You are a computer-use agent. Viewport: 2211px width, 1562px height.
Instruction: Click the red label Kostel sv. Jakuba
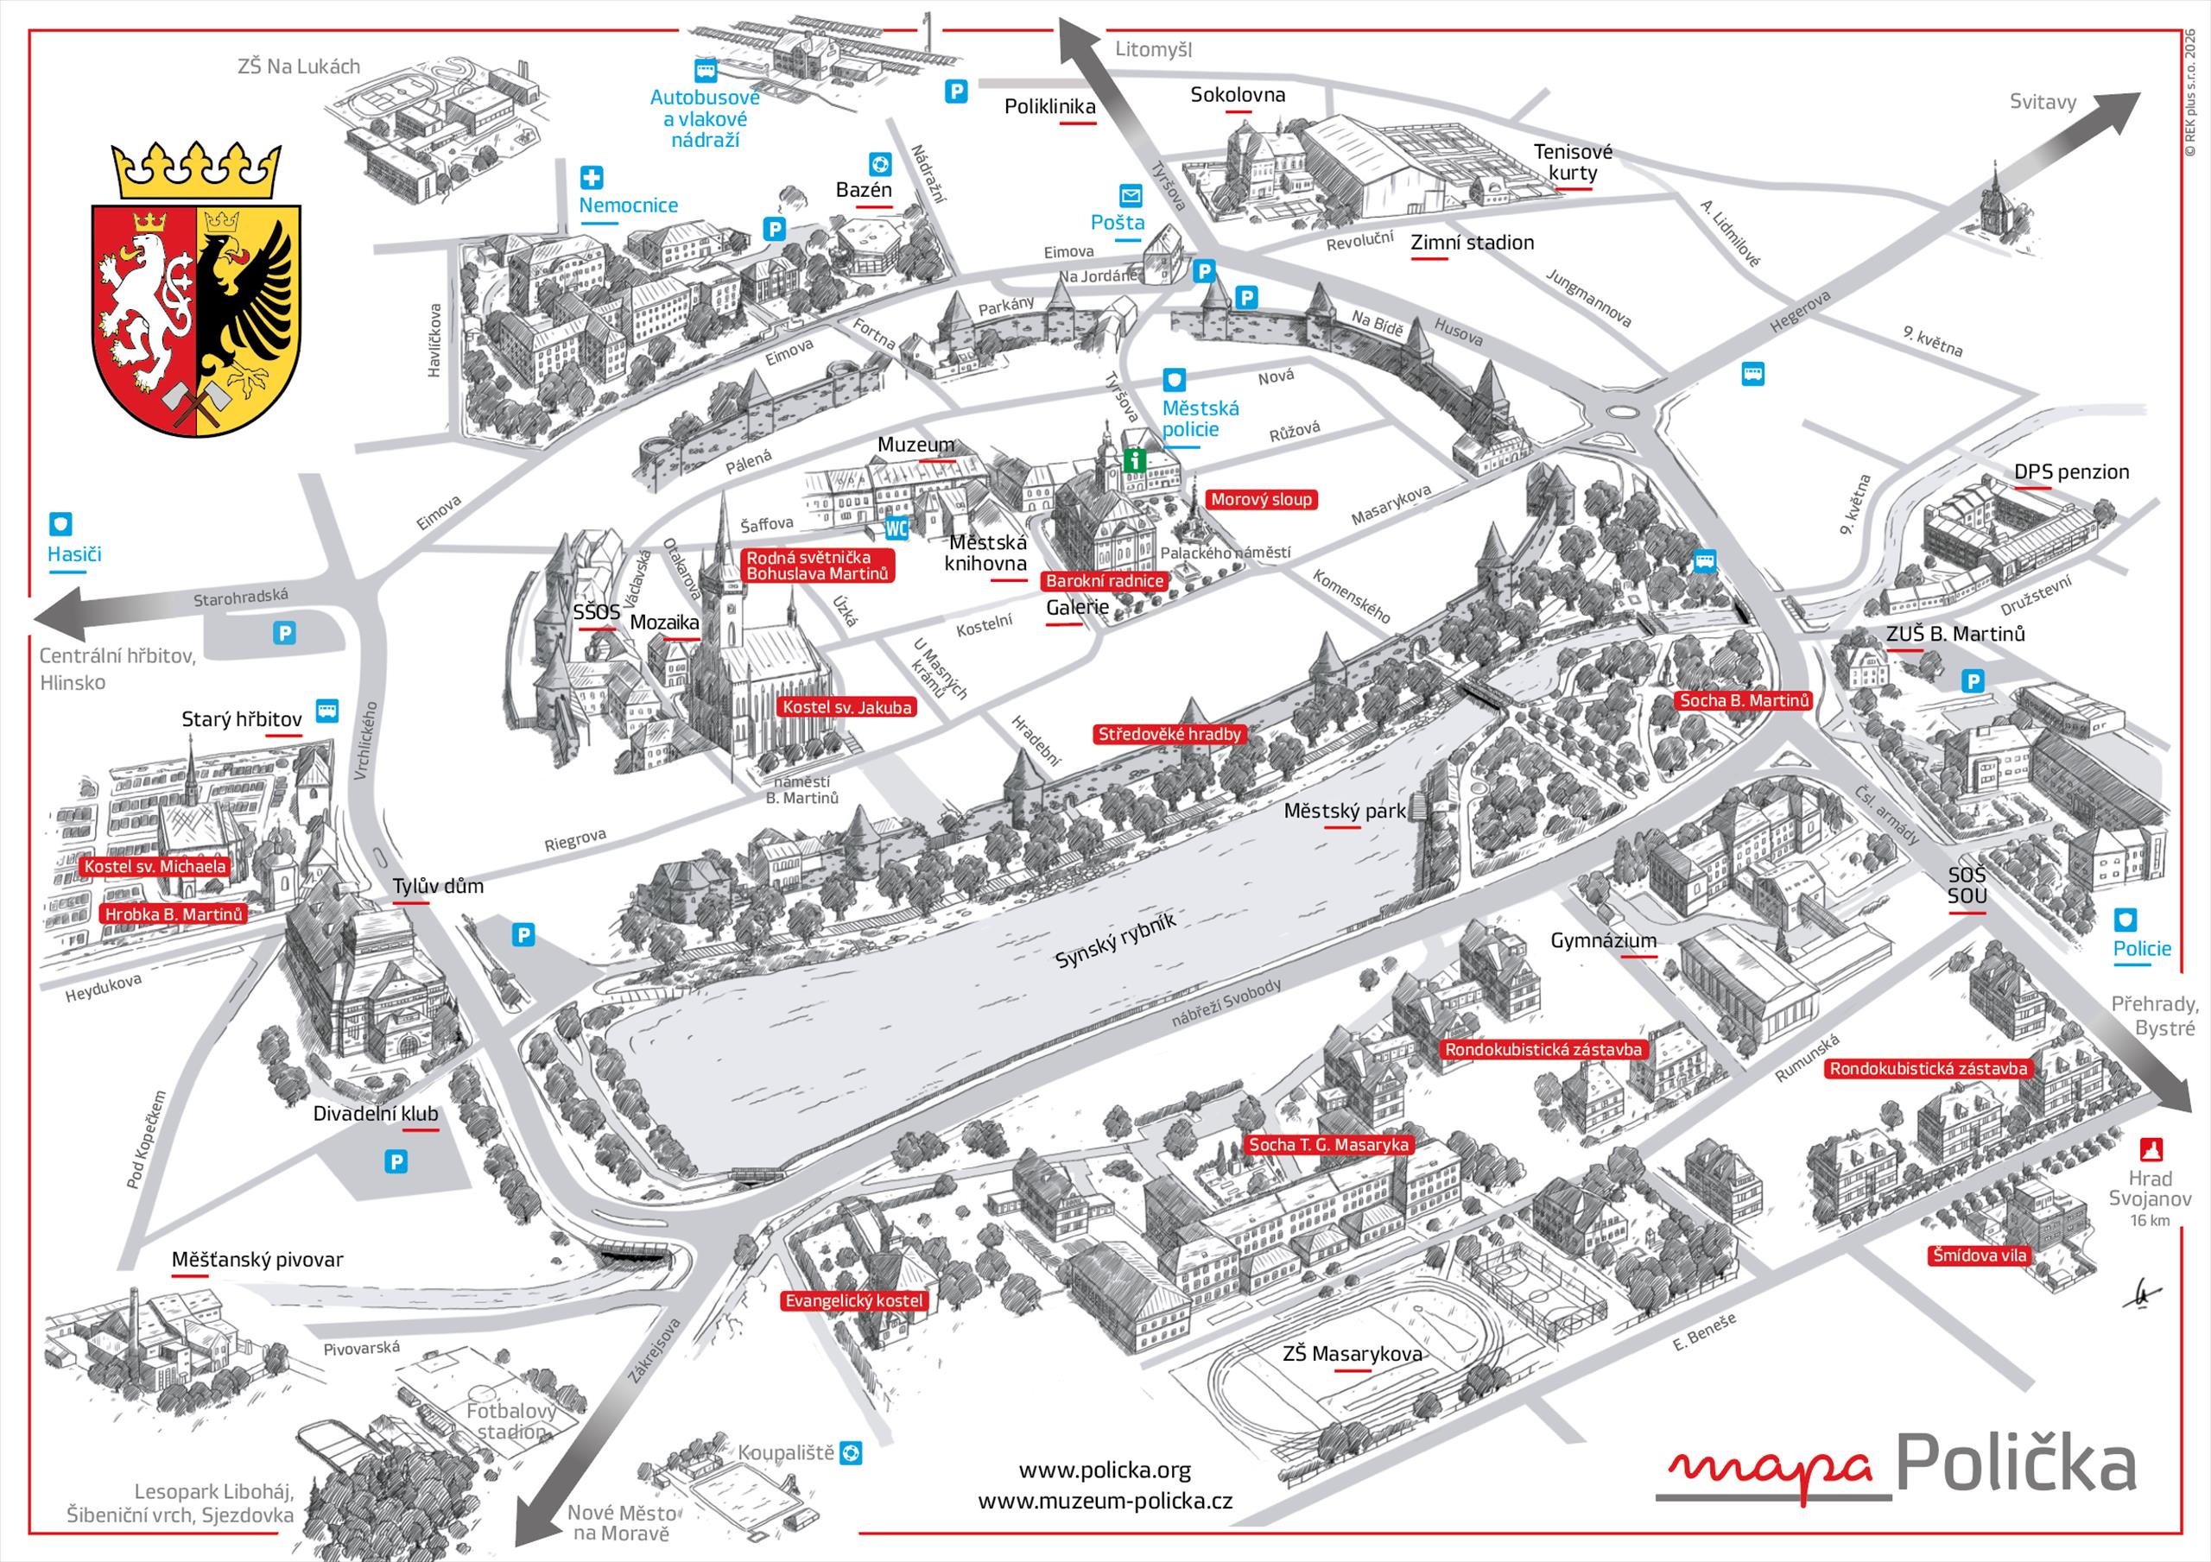pyautogui.click(x=846, y=707)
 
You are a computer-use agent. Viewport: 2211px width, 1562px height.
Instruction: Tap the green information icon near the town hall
pyautogui.click(x=1136, y=459)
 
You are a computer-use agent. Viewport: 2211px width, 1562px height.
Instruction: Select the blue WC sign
pyautogui.click(x=896, y=528)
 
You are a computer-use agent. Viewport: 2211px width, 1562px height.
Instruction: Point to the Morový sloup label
pyautogui.click(x=1261, y=499)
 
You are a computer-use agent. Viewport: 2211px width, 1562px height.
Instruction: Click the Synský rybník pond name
pyautogui.click(x=1116, y=940)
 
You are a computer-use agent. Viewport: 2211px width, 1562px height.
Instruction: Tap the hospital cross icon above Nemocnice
pyautogui.click(x=592, y=178)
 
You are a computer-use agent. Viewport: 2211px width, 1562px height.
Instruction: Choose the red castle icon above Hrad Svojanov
pyautogui.click(x=2151, y=1149)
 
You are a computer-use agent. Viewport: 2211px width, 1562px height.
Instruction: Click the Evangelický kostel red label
pyautogui.click(x=854, y=1301)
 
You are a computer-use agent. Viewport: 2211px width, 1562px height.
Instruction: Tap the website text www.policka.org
pyautogui.click(x=1105, y=1470)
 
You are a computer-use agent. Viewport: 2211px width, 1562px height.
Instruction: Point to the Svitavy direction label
pyautogui.click(x=2043, y=102)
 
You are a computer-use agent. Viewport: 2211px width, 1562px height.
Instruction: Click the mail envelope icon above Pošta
pyautogui.click(x=1131, y=195)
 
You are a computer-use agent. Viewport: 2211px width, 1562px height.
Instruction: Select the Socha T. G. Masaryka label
pyautogui.click(x=1329, y=1145)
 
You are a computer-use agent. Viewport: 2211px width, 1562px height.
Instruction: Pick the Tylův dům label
pyautogui.click(x=438, y=886)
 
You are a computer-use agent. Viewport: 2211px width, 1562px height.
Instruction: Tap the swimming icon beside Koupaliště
pyautogui.click(x=852, y=1452)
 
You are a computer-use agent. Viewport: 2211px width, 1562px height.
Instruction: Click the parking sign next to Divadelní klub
pyautogui.click(x=396, y=1161)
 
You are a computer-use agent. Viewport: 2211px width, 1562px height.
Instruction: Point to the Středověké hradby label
pyautogui.click(x=1170, y=734)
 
